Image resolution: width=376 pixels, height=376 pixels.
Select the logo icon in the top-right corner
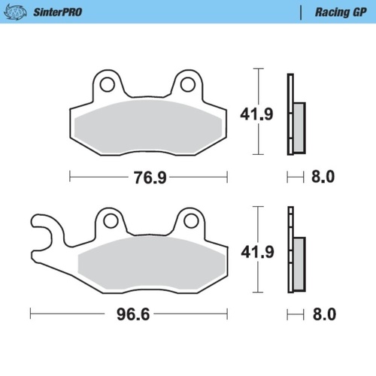click(364, 12)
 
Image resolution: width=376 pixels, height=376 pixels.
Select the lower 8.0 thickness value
click(322, 313)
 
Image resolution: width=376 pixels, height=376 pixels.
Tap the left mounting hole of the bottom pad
click(111, 220)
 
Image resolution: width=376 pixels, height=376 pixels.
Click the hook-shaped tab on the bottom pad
click(44, 229)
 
